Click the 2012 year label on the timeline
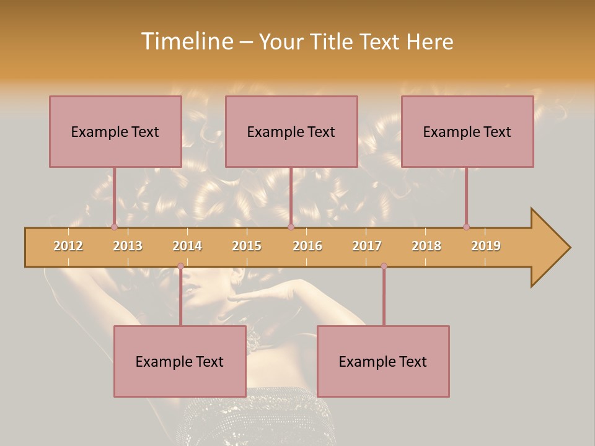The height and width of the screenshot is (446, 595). [68, 246]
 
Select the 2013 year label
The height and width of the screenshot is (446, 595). [128, 246]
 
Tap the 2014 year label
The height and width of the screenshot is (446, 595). [187, 246]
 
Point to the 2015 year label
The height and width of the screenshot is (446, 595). [247, 246]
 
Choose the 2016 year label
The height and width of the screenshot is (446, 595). [307, 246]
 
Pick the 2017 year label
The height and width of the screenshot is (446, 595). [367, 246]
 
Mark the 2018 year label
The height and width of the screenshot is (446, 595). [426, 246]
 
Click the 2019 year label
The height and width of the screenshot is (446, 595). [486, 246]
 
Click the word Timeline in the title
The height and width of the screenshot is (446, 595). [187, 42]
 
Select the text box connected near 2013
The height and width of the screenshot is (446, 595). [115, 131]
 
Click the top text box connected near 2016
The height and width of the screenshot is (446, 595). [291, 131]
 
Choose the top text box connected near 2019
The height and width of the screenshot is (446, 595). [467, 131]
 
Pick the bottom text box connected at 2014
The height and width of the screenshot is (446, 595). [180, 361]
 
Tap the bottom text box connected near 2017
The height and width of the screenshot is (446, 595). [383, 361]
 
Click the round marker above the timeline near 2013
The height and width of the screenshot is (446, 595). [115, 227]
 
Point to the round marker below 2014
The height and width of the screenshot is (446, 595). [180, 266]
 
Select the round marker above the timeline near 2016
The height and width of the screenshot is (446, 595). [291, 227]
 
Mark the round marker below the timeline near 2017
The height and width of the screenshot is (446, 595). [384, 266]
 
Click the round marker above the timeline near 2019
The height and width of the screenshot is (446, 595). [466, 227]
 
